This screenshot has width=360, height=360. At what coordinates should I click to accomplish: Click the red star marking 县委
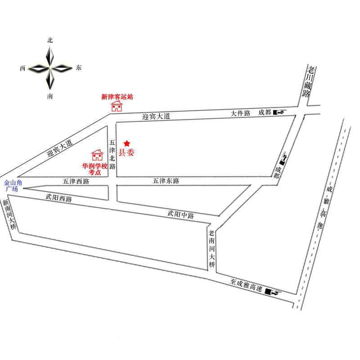(x=127, y=143)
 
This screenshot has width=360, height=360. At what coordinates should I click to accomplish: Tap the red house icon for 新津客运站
(x=117, y=106)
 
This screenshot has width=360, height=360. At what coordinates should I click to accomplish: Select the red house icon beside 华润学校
(x=97, y=155)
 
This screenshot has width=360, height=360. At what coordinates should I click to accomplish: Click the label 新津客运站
(x=117, y=97)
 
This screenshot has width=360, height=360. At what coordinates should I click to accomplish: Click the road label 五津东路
(x=166, y=181)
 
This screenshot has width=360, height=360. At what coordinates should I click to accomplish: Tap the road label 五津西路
(x=76, y=182)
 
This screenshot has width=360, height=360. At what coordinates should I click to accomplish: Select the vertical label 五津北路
(x=112, y=153)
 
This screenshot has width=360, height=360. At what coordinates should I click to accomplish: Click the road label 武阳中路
(x=180, y=215)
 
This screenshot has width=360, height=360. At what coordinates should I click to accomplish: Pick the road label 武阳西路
(x=58, y=198)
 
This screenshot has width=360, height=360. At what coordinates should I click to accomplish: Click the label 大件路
(x=240, y=113)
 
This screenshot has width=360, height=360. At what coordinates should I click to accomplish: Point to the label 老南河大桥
(x=211, y=250)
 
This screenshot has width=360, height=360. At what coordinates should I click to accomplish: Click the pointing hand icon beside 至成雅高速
(x=273, y=292)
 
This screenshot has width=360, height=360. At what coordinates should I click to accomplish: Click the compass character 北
(x=50, y=40)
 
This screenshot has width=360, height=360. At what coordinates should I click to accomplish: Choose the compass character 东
(x=79, y=68)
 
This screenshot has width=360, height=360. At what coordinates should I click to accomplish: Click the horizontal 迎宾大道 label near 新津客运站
(x=156, y=117)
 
